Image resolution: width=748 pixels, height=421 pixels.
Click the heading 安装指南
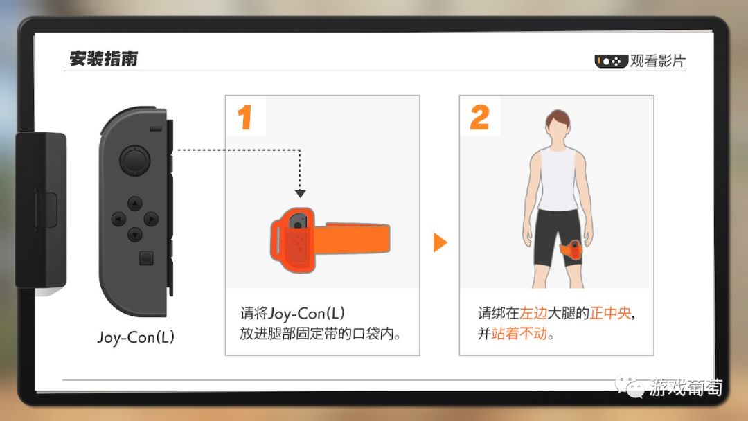(x=103, y=59)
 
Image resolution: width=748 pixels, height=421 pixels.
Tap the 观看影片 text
(x=657, y=61)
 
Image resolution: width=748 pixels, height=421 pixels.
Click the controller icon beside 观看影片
(x=611, y=62)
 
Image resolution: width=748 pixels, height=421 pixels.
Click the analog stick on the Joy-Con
(x=134, y=160)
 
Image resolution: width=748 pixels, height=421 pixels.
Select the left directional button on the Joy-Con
(x=119, y=220)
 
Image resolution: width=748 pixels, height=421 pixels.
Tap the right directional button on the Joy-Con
(x=151, y=220)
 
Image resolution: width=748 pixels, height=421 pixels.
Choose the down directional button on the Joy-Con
(x=135, y=235)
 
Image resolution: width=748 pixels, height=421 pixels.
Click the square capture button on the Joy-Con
(x=146, y=258)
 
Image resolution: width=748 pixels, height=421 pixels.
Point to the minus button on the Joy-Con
(x=156, y=129)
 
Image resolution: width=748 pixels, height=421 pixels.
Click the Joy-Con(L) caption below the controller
(x=136, y=338)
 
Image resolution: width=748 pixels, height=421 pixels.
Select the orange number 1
(x=244, y=117)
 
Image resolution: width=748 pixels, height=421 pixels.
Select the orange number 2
(x=479, y=117)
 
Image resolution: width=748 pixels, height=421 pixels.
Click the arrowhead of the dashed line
(x=300, y=194)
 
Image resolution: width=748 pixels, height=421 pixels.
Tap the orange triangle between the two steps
(x=440, y=242)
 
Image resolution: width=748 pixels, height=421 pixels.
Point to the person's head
(x=558, y=125)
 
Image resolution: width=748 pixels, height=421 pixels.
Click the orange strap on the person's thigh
(x=571, y=250)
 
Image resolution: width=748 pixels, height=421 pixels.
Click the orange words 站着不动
(x=519, y=333)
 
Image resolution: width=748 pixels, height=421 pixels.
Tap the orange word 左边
(x=533, y=313)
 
